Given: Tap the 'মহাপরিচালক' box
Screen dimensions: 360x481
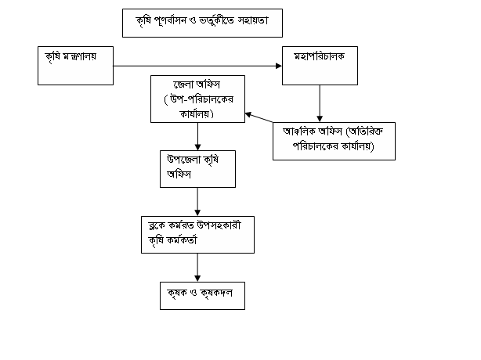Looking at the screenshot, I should [320, 65].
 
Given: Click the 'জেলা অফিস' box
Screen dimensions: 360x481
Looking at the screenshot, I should [197, 99].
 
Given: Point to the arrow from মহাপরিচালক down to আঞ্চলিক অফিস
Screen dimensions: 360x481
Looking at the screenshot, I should [320, 103].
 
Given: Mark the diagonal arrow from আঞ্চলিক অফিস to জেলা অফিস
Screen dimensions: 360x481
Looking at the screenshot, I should [259, 118].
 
